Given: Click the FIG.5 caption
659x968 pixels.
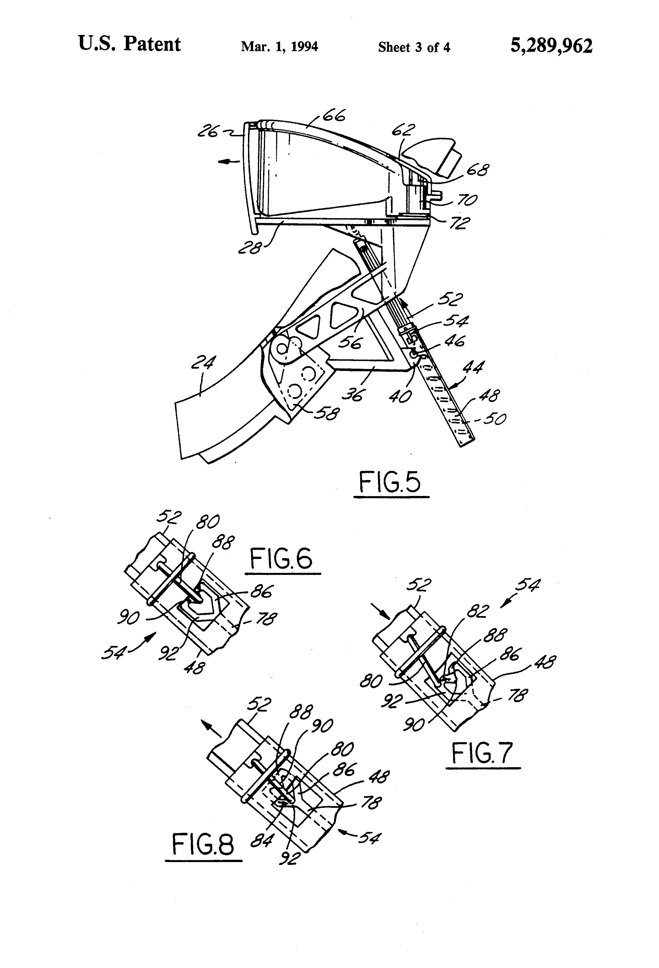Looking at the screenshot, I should tap(390, 483).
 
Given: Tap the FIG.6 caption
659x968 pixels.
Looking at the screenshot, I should tap(281, 559).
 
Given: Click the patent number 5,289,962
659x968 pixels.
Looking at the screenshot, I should tap(551, 46).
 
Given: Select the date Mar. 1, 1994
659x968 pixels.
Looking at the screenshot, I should tap(280, 47).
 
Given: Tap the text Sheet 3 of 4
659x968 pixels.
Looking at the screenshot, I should tap(414, 47).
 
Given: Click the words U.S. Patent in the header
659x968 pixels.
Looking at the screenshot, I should tap(130, 44).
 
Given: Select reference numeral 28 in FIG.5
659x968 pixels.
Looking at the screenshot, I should tap(249, 249).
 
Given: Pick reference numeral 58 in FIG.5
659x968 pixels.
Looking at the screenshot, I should tap(327, 413).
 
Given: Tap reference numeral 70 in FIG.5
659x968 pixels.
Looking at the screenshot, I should tap(467, 200).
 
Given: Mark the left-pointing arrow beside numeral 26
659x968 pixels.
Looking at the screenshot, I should tap(229, 161).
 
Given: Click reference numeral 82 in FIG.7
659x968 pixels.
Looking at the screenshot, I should tap(477, 612).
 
